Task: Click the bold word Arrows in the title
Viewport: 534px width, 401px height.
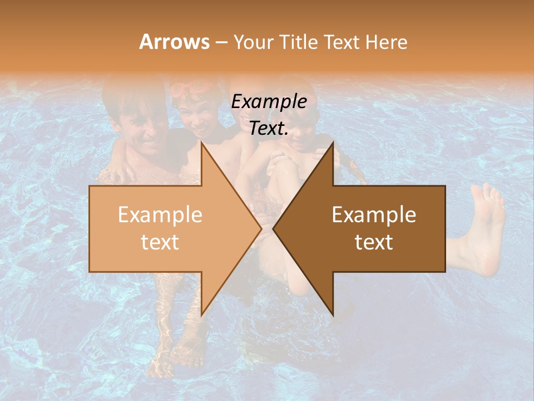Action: (174, 42)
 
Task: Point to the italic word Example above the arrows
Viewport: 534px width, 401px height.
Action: (269, 102)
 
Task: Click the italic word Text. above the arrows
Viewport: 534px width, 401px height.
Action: (269, 129)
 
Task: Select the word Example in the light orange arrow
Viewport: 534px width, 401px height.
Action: (160, 215)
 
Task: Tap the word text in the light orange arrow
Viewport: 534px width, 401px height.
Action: (160, 242)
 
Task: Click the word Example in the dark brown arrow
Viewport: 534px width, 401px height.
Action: (374, 215)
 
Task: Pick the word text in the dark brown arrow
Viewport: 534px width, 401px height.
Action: (374, 242)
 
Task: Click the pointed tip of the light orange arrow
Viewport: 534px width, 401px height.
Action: (260, 228)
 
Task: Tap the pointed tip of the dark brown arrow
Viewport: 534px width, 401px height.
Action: (274, 228)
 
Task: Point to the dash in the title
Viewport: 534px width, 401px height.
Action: (221, 42)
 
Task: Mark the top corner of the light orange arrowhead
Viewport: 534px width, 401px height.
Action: (201, 143)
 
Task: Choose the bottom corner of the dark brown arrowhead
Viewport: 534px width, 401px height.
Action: (333, 315)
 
